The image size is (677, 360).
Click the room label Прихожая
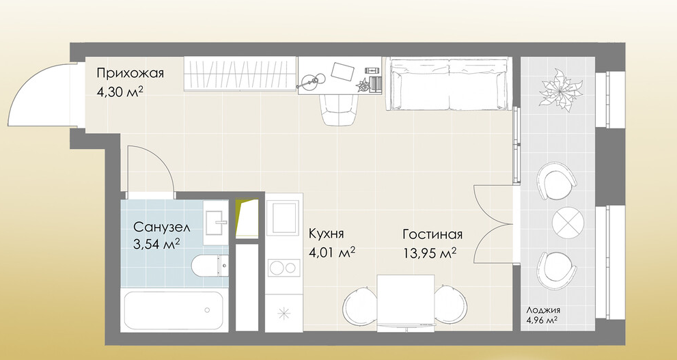click(x=130, y=73)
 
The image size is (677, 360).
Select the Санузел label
click(x=161, y=227)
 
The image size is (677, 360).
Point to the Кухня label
click(x=327, y=234)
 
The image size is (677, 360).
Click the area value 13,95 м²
click(x=430, y=253)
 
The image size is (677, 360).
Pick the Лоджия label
click(x=543, y=310)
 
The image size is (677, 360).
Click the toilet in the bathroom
click(x=210, y=265)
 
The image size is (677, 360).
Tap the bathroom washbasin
click(x=215, y=222)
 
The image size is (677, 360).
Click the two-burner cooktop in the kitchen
click(x=284, y=268)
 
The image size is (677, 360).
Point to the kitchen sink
click(x=284, y=218)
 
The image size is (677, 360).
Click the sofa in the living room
click(x=449, y=84)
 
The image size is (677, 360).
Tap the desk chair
click(x=340, y=110)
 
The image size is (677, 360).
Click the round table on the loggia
click(x=568, y=222)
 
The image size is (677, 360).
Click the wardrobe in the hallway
click(x=240, y=74)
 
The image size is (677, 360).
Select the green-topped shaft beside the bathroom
click(x=247, y=218)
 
